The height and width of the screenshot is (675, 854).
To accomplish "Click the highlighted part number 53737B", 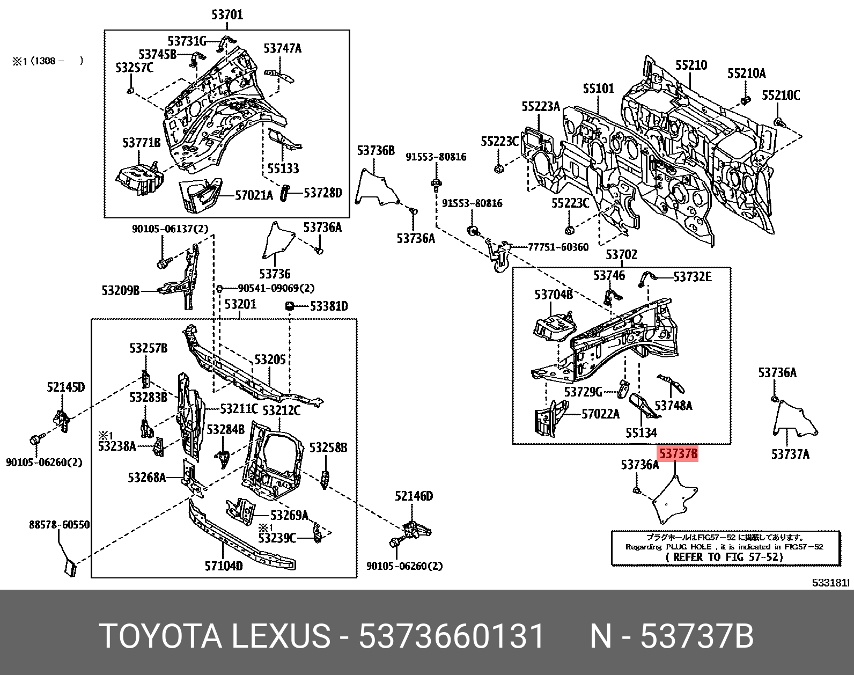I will (678, 454).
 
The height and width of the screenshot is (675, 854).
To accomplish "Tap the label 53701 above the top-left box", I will (227, 14).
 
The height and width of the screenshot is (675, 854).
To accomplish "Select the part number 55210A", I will (746, 74).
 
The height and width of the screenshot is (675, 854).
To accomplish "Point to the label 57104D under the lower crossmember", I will (223, 566).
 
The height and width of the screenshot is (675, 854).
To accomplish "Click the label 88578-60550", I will (59, 525).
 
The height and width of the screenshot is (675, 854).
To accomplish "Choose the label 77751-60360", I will (558, 247).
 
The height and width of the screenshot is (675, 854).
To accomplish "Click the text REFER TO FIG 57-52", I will (724, 556).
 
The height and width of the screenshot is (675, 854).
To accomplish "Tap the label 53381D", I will (329, 306).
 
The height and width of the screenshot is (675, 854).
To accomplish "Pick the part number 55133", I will (283, 168).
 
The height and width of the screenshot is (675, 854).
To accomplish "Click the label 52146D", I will (414, 496).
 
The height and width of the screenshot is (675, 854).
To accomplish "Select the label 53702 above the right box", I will (621, 254).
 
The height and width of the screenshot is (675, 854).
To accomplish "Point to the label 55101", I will (599, 88).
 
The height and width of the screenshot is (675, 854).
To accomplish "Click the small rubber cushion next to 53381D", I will (290, 306).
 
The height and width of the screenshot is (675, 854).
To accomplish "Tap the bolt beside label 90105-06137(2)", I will (163, 263).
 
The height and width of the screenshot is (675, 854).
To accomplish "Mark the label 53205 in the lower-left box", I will (270, 359).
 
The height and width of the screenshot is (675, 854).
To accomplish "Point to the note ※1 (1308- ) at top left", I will (48, 61).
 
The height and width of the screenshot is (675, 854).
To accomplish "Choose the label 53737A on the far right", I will (790, 454).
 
